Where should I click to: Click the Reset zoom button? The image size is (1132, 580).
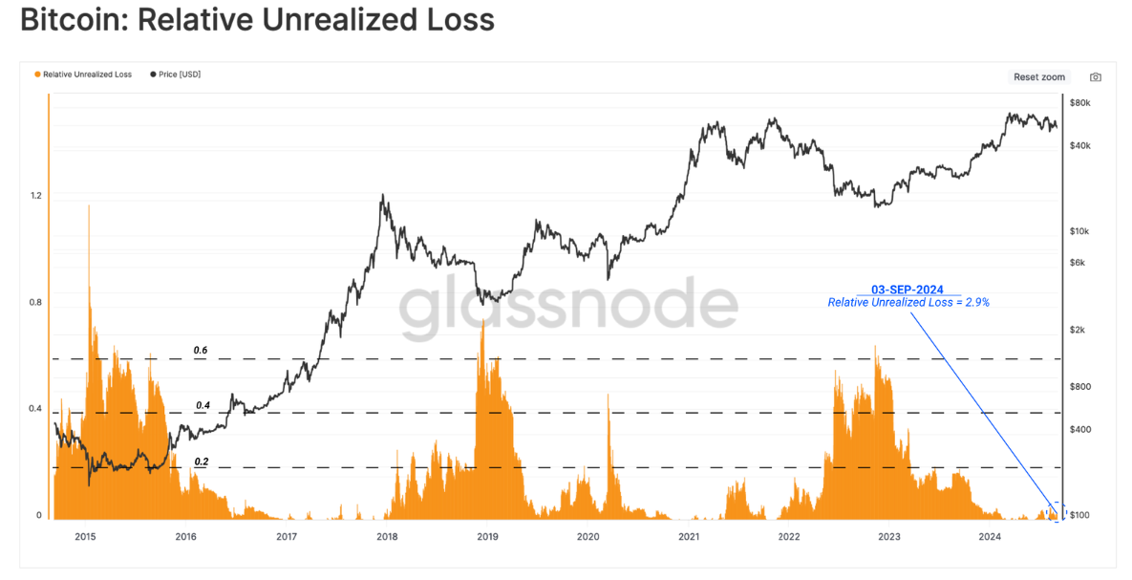(1039, 77)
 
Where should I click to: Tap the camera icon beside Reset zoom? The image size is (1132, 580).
(1096, 77)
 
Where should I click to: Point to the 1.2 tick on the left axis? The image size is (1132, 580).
(37, 196)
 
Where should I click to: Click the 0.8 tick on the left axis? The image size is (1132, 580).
(37, 303)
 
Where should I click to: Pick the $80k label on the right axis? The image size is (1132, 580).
(1080, 102)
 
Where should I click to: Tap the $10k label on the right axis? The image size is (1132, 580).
(1080, 232)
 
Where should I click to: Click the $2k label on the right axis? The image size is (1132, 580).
(1079, 330)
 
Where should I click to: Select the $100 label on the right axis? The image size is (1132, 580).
(1080, 516)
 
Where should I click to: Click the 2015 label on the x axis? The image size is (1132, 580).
(85, 537)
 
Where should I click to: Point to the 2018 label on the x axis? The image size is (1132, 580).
(387, 537)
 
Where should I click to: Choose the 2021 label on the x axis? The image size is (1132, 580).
(689, 537)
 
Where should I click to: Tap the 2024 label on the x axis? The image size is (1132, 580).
(991, 537)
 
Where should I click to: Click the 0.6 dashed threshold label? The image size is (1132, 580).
(201, 351)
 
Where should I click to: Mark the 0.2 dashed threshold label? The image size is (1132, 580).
(201, 462)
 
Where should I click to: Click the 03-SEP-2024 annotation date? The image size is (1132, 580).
(908, 289)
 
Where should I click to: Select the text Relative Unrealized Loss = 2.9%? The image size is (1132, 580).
(908, 302)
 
